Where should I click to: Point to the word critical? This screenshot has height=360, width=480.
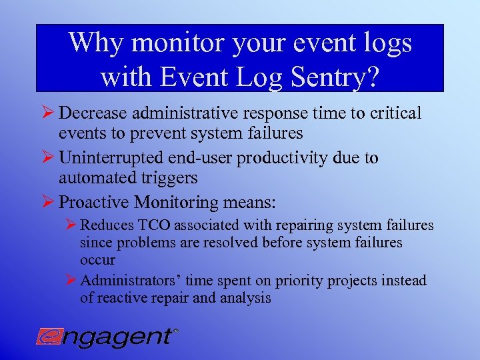click(391, 114)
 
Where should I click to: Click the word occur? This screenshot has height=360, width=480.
click(97, 260)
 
